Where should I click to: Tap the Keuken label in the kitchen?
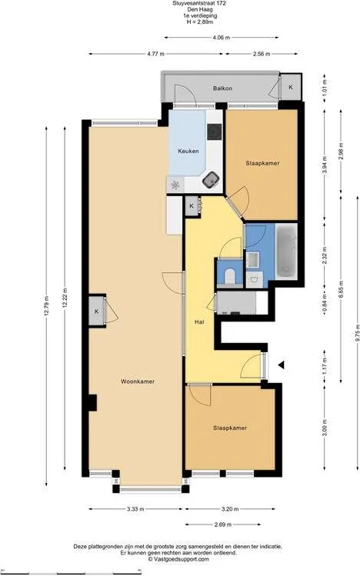(x=188, y=151)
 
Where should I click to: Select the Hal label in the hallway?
(x=198, y=322)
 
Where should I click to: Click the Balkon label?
(x=222, y=89)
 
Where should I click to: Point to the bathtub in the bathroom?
(x=285, y=253)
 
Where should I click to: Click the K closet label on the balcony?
(x=290, y=88)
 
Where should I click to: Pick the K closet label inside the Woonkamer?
(x=96, y=311)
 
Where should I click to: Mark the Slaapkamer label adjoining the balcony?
(x=262, y=164)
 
